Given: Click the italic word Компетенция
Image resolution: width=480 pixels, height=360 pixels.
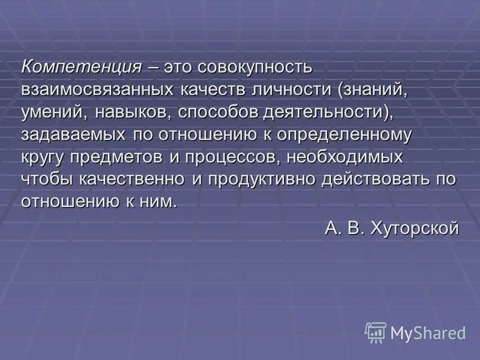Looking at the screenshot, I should pos(82,67).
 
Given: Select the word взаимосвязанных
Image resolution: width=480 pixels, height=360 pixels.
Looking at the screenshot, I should pos(97,89).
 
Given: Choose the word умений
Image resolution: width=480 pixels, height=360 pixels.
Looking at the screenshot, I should pos(53,112).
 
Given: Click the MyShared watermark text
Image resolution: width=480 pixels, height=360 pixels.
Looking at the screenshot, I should pos(427,332).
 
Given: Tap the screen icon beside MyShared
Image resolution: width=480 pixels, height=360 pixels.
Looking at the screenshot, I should pos(375,332).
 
